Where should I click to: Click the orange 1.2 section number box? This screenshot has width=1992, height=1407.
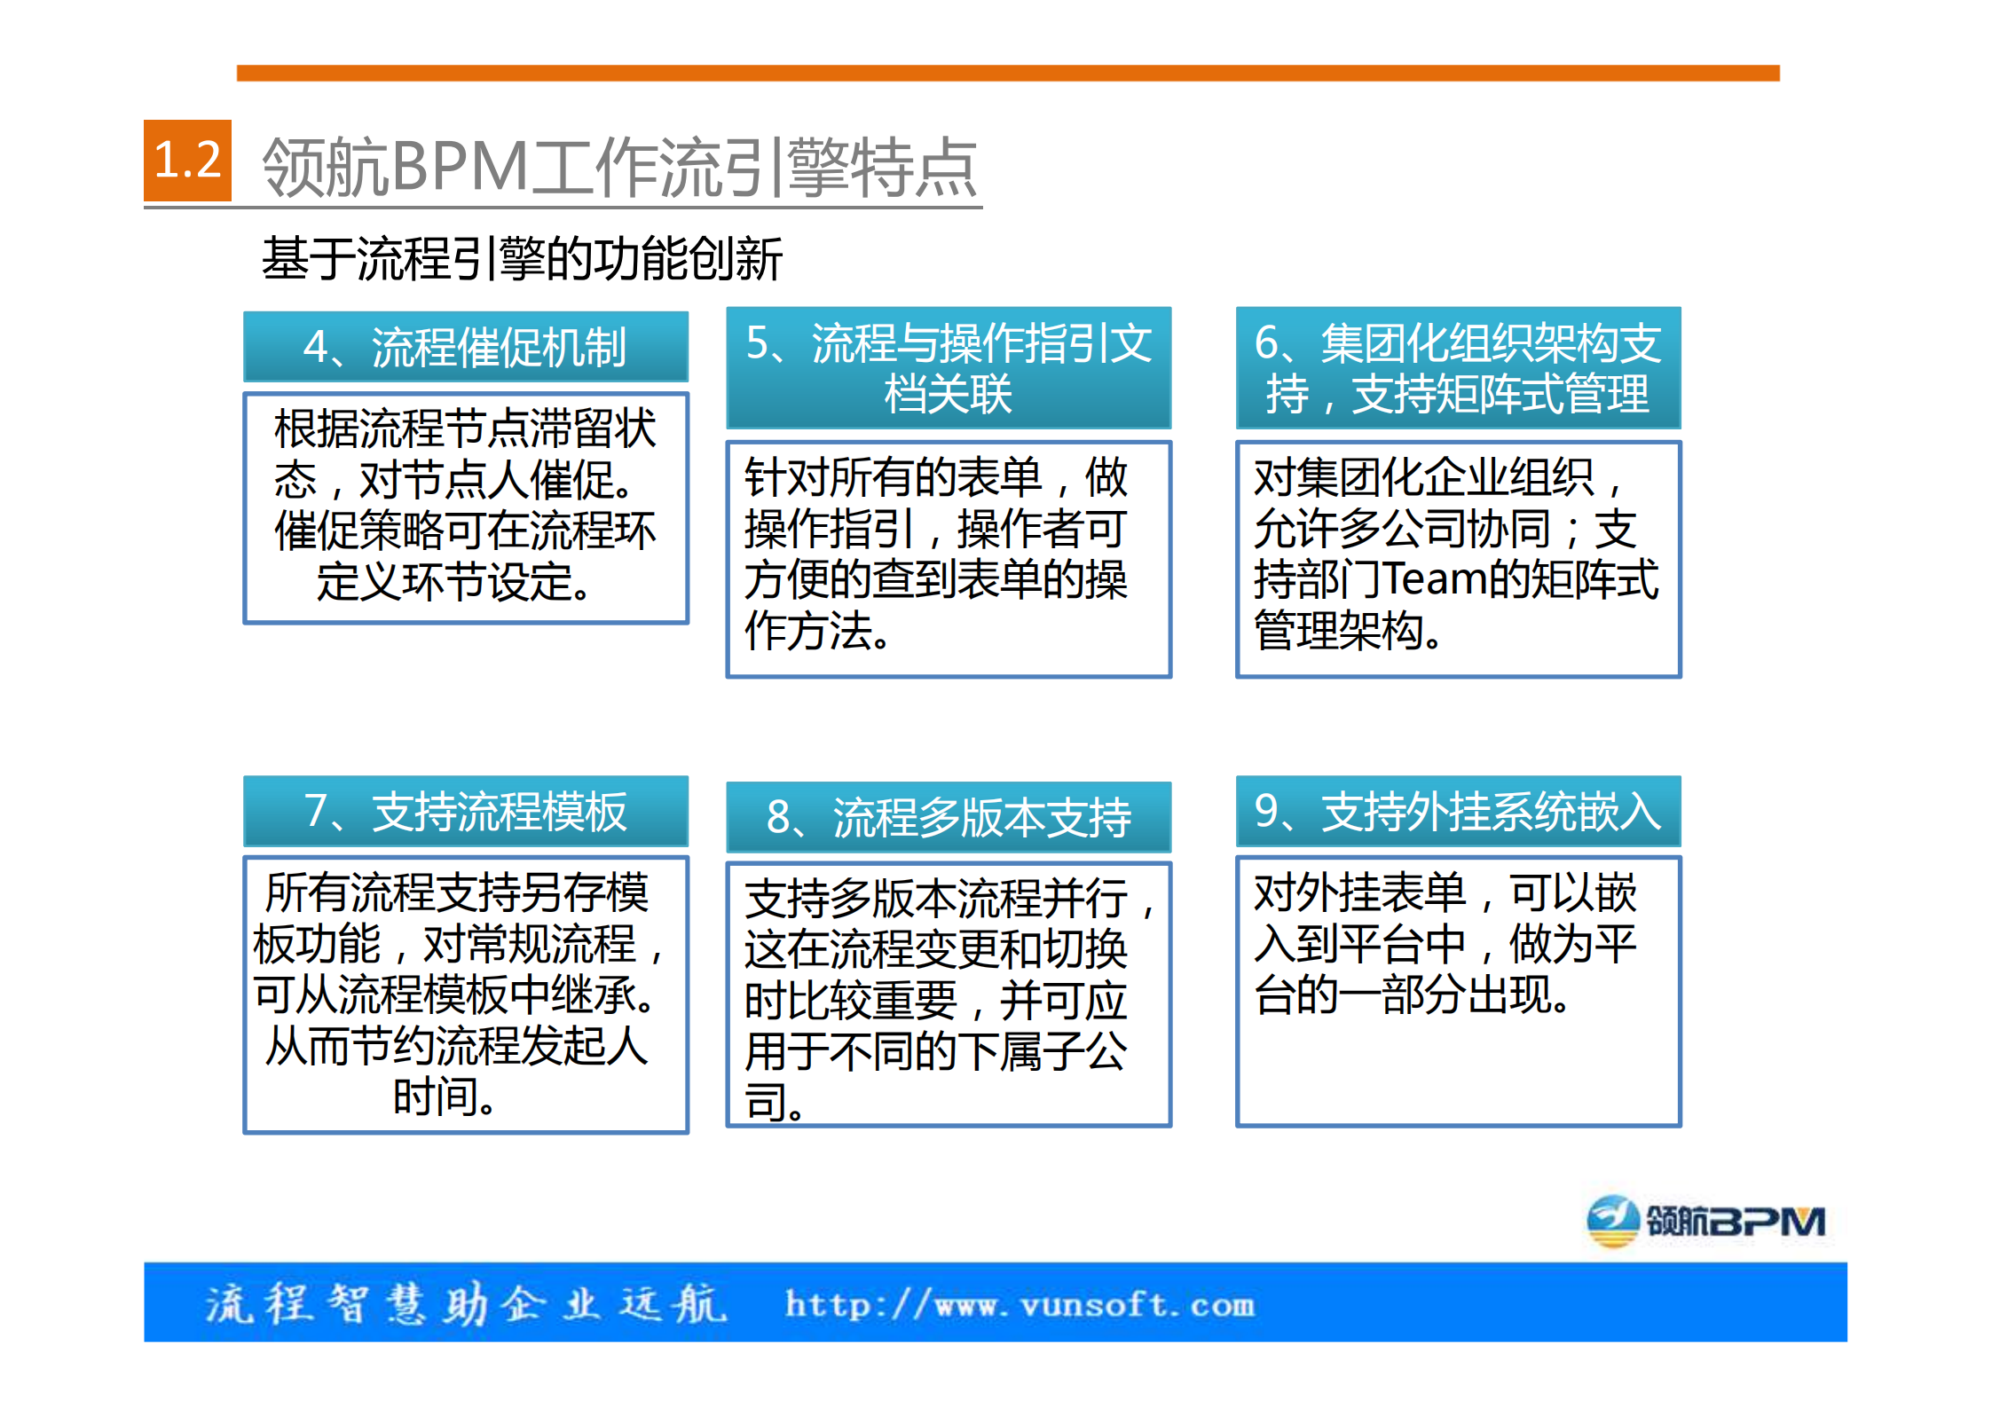tap(187, 161)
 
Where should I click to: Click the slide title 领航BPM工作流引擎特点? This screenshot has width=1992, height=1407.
tap(619, 167)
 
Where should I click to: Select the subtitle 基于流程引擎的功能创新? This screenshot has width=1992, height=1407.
tap(522, 259)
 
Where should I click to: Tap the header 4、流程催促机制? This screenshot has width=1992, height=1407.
tap(465, 347)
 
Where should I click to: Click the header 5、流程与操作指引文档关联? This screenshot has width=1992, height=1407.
tap(948, 368)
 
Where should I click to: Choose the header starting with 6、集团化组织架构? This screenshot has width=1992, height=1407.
tap(1458, 368)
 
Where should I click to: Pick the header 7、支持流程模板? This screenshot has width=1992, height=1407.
tap(465, 812)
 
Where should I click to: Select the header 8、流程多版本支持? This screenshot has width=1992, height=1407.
tap(948, 817)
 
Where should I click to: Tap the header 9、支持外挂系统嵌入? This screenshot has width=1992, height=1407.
tap(1458, 811)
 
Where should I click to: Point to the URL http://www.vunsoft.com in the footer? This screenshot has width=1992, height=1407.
tap(1020, 1305)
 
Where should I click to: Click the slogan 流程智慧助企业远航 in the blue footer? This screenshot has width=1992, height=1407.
tap(466, 1304)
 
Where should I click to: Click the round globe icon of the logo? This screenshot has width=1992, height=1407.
tap(1611, 1222)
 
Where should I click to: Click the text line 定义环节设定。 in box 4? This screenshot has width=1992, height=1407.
tap(453, 583)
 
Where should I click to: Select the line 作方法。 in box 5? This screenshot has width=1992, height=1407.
tap(816, 631)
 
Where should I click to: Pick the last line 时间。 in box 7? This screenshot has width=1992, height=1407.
tap(445, 1097)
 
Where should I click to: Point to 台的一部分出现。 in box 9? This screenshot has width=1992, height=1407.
tap(1411, 994)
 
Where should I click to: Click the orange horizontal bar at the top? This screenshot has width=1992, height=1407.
tap(1007, 73)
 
